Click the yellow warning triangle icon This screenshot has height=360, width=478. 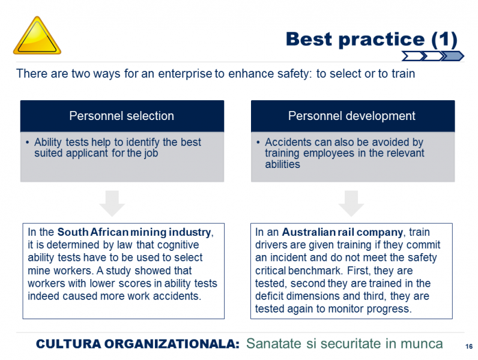(x=37, y=37)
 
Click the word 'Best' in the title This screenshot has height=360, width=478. (x=309, y=39)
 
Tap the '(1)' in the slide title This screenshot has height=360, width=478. (x=444, y=40)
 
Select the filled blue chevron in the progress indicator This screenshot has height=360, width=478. (x=453, y=56)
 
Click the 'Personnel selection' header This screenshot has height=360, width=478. (x=122, y=116)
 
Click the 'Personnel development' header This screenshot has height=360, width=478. (x=352, y=116)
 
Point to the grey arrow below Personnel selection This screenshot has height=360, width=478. (x=112, y=203)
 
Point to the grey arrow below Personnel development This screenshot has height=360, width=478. (x=351, y=203)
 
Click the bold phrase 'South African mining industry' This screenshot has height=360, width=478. (x=134, y=232)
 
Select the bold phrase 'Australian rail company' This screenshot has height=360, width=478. (x=342, y=232)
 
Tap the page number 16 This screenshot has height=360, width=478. (x=469, y=346)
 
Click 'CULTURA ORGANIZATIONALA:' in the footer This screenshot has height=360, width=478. (x=138, y=344)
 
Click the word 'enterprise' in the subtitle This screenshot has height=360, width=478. (x=185, y=74)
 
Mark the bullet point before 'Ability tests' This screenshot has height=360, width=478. (x=28, y=142)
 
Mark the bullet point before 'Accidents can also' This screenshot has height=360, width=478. (x=258, y=142)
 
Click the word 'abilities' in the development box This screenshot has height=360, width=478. (x=283, y=164)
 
